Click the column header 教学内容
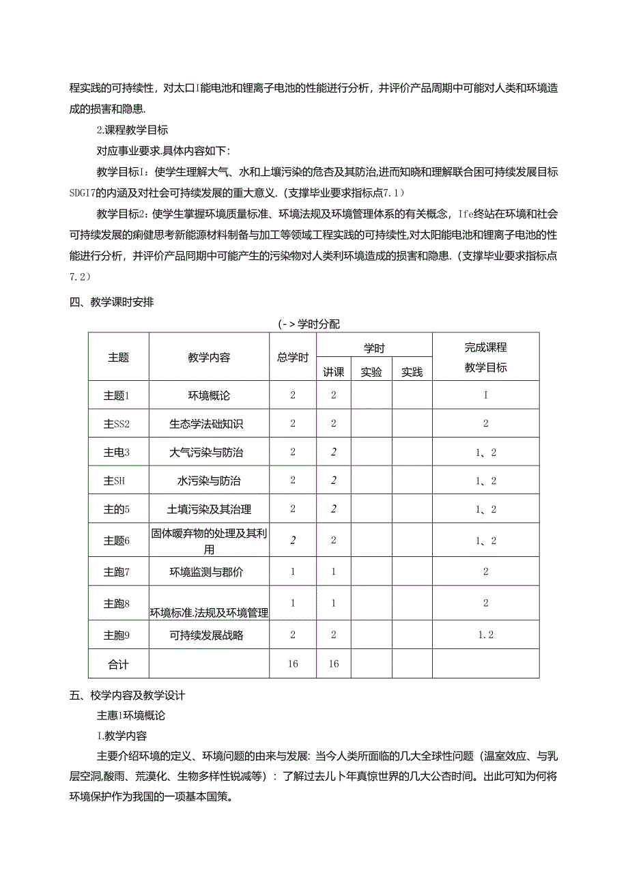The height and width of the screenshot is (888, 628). (x=209, y=357)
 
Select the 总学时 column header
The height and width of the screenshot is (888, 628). (x=293, y=357)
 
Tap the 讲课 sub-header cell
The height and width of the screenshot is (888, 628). (x=334, y=372)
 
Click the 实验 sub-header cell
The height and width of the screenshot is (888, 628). (x=371, y=372)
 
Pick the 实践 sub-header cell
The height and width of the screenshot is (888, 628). (x=412, y=372)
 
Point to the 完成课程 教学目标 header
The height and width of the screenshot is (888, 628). (x=485, y=357)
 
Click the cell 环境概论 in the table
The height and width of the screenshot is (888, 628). (x=209, y=395)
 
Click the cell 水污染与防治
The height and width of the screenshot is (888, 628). (x=209, y=481)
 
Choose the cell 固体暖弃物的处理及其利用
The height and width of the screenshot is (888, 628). (x=209, y=541)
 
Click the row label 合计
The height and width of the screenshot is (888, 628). (x=118, y=664)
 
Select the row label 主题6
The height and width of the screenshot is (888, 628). (x=117, y=541)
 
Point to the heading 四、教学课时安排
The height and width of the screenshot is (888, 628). (x=112, y=303)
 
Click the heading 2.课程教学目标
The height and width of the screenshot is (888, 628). (x=132, y=130)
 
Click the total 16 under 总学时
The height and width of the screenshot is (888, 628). (x=293, y=664)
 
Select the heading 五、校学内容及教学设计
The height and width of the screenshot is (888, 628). (x=128, y=696)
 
